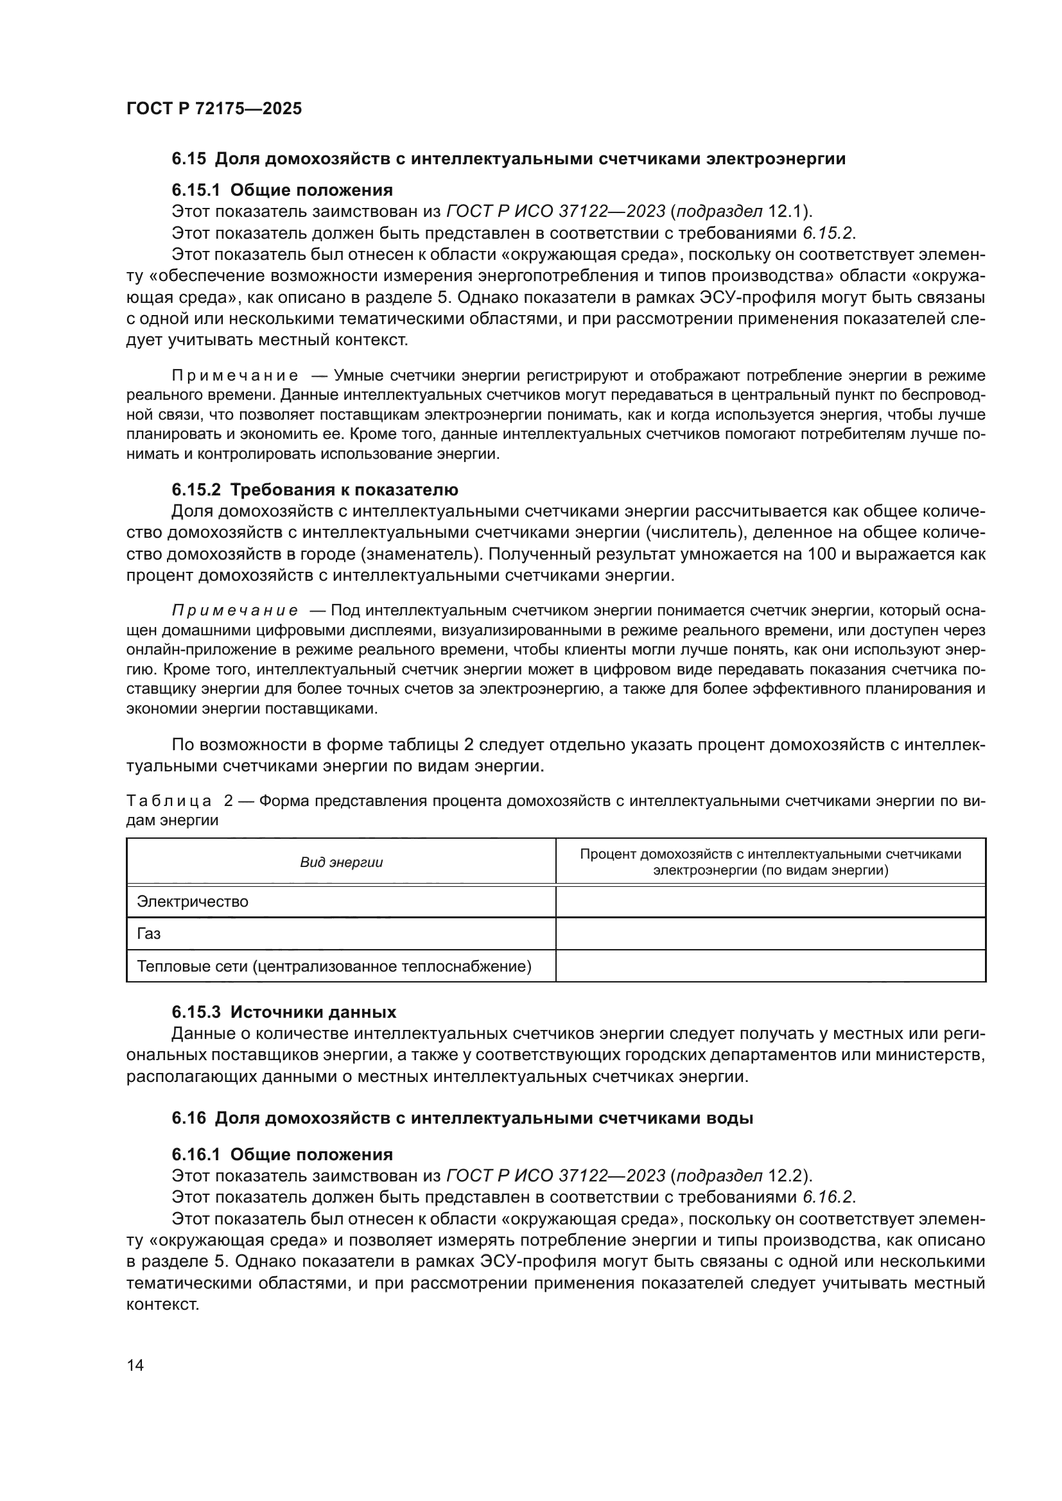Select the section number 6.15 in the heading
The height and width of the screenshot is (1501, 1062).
click(x=188, y=159)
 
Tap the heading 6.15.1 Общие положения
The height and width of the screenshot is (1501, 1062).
click(x=282, y=190)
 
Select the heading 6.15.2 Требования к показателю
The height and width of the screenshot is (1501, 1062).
click(x=315, y=490)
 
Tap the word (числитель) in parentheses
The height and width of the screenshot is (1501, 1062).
click(x=696, y=533)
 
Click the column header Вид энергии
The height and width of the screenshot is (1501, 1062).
click(x=342, y=862)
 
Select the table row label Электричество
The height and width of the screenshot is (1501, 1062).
click(x=192, y=902)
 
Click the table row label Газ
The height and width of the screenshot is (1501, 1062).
click(x=149, y=934)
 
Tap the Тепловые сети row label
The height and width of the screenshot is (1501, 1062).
click(x=333, y=966)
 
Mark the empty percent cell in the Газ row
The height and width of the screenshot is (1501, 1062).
click(x=770, y=934)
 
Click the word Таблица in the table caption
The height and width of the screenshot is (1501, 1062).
click(x=169, y=802)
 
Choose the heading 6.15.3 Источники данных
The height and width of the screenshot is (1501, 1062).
click(x=284, y=1013)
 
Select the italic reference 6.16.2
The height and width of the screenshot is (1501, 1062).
click(x=828, y=1197)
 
